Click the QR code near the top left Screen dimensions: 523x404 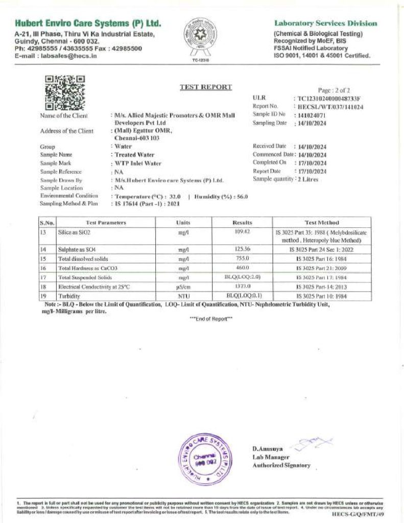(x=65, y=92)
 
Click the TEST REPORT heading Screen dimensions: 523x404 (x=205, y=87)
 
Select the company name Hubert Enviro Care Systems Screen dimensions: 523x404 (x=88, y=23)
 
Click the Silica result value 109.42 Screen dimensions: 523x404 (x=242, y=232)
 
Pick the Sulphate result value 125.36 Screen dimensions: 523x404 (x=242, y=250)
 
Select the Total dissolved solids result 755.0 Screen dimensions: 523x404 (x=242, y=259)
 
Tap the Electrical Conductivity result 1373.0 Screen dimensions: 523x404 (x=242, y=287)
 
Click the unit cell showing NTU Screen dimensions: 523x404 (x=183, y=296)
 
